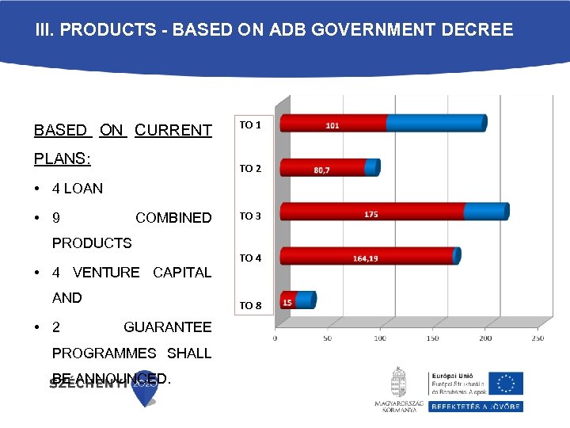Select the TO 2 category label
[x=250, y=168]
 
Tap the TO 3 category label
[x=250, y=216]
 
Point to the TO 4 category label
[x=250, y=258]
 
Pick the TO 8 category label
[x=250, y=305]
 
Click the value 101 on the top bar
[x=332, y=125]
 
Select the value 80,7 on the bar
[x=321, y=170]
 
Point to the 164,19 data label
[x=366, y=258]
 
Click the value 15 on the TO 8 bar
[x=287, y=302]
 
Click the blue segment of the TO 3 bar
[x=484, y=212]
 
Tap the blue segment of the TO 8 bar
[x=306, y=300]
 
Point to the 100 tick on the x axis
[x=380, y=338]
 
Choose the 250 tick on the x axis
[x=538, y=338]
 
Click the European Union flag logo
[x=505, y=383]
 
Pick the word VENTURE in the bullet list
[x=106, y=273]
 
